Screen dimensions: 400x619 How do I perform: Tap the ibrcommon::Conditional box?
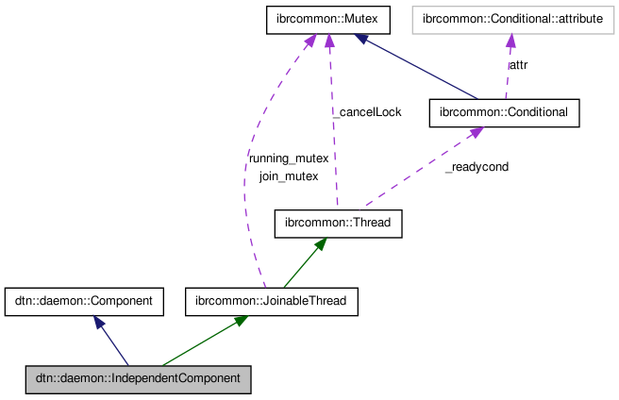pyautogui.click(x=503, y=112)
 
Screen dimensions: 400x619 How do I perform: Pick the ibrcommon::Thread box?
pyautogui.click(x=338, y=224)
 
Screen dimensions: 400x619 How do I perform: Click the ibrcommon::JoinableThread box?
pyautogui.click(x=272, y=301)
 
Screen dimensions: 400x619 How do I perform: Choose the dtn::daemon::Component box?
pyautogui.click(x=84, y=301)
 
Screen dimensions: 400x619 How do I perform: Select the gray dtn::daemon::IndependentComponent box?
pyautogui.click(x=139, y=378)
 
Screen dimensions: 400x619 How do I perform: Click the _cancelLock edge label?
pyautogui.click(x=368, y=112)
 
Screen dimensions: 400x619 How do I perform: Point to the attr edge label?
pyautogui.click(x=519, y=66)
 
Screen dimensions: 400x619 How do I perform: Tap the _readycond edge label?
pyautogui.click(x=477, y=167)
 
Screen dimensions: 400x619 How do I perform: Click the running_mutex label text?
pyautogui.click(x=288, y=158)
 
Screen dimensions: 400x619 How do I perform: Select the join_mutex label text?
pyautogui.click(x=288, y=175)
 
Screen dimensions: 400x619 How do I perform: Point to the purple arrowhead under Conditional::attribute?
pyautogui.click(x=509, y=41)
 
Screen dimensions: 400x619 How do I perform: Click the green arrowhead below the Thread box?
pyautogui.click(x=320, y=244)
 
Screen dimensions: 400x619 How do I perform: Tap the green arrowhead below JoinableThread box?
pyautogui.click(x=240, y=322)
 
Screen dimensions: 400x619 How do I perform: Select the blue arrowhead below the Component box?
pyautogui.click(x=98, y=323)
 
